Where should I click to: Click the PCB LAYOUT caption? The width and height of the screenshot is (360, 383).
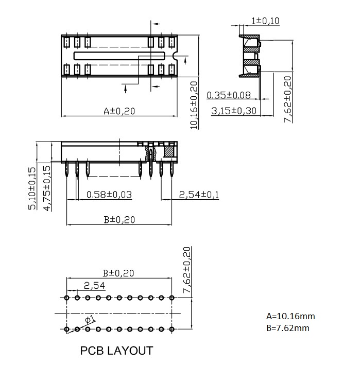116,351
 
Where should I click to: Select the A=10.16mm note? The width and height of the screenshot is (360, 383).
290,316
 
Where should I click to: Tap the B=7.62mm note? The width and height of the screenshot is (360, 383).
288,328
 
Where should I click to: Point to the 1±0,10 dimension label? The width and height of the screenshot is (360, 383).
265,21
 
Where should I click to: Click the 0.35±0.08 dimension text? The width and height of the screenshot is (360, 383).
229,95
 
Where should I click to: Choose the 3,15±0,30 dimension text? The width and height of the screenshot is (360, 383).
234,111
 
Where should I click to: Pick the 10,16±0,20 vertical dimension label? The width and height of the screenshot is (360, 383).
194,105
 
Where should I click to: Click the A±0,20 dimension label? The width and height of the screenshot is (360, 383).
119,111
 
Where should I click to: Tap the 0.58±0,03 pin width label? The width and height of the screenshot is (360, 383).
109,195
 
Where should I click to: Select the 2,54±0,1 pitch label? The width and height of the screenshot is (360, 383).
199,195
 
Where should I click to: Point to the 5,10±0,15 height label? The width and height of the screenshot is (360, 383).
32,188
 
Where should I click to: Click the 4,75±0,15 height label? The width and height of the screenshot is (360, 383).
47,188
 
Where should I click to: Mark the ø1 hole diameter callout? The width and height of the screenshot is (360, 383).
90,320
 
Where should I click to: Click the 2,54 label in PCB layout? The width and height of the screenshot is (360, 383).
94,285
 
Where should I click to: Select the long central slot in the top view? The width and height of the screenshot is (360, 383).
119,56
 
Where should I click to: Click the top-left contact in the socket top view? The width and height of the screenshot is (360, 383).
66,42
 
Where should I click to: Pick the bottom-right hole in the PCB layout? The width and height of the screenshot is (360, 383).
172,329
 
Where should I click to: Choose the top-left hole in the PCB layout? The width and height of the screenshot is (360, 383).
66,298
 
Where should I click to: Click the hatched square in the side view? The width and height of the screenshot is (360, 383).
168,151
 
